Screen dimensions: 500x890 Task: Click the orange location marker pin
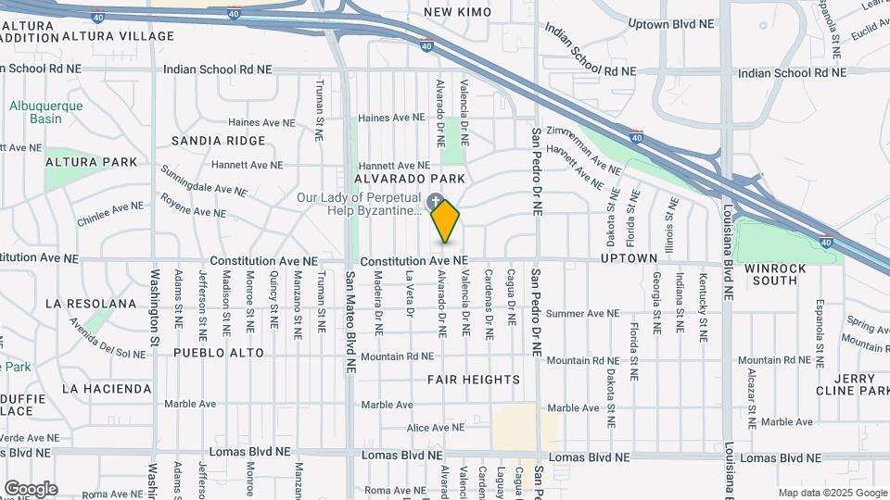point(446,220)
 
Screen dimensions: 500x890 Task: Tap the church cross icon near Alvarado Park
point(436,200)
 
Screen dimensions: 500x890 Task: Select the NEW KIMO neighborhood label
point(456,12)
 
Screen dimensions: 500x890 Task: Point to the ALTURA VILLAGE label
point(118,36)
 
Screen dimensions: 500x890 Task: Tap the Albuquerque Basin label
point(46,112)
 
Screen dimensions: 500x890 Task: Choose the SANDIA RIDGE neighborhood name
point(219,141)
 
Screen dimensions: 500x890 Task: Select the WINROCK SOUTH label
point(775,273)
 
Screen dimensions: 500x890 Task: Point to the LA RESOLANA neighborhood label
point(91,303)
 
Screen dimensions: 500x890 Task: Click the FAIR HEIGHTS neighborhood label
point(474,380)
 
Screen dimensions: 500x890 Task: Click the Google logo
point(31,489)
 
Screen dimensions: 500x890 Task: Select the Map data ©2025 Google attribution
point(832,493)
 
